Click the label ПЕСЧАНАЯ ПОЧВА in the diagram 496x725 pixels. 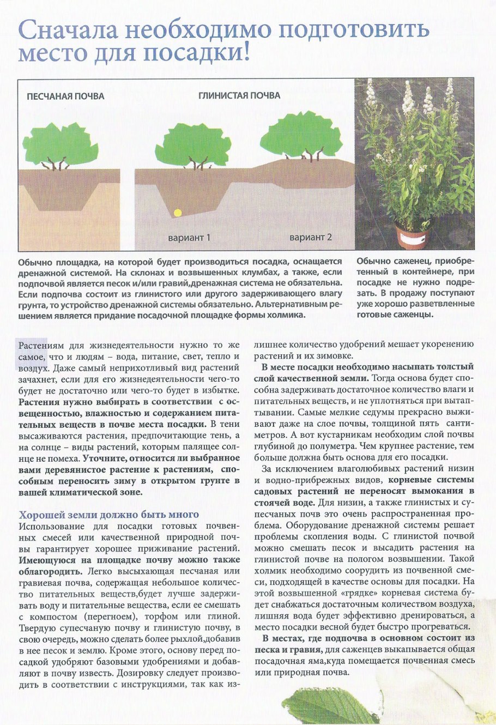pyautogui.click(x=65, y=96)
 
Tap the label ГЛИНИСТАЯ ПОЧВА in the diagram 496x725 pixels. pyautogui.click(x=239, y=95)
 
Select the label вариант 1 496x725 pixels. pyautogui.click(x=189, y=238)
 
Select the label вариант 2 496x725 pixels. pyautogui.click(x=310, y=238)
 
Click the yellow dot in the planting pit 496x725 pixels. pyautogui.click(x=177, y=213)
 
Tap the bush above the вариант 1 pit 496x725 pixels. pyautogui.click(x=193, y=144)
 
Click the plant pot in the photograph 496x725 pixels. pyautogui.click(x=413, y=235)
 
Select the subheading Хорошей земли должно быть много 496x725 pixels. pyautogui.click(x=109, y=515)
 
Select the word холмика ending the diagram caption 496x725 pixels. pyautogui.click(x=286, y=315)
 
